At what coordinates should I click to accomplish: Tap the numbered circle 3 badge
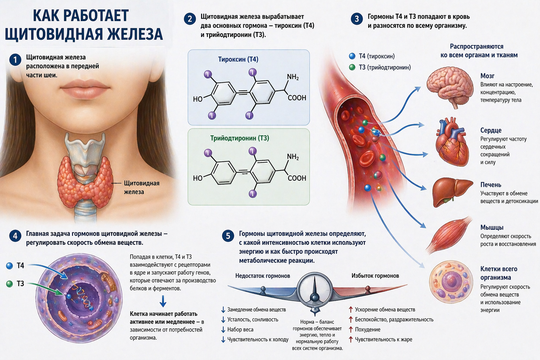pyautogui.click(x=357, y=19)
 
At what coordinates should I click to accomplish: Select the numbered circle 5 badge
pyautogui.click(x=228, y=235)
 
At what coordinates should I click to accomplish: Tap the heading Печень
pyautogui.click(x=490, y=185)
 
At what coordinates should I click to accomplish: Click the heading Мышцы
pyautogui.click(x=492, y=227)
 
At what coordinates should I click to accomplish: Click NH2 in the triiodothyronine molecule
pyautogui.click(x=292, y=157)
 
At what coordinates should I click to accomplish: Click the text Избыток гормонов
pyautogui.click(x=374, y=275)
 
